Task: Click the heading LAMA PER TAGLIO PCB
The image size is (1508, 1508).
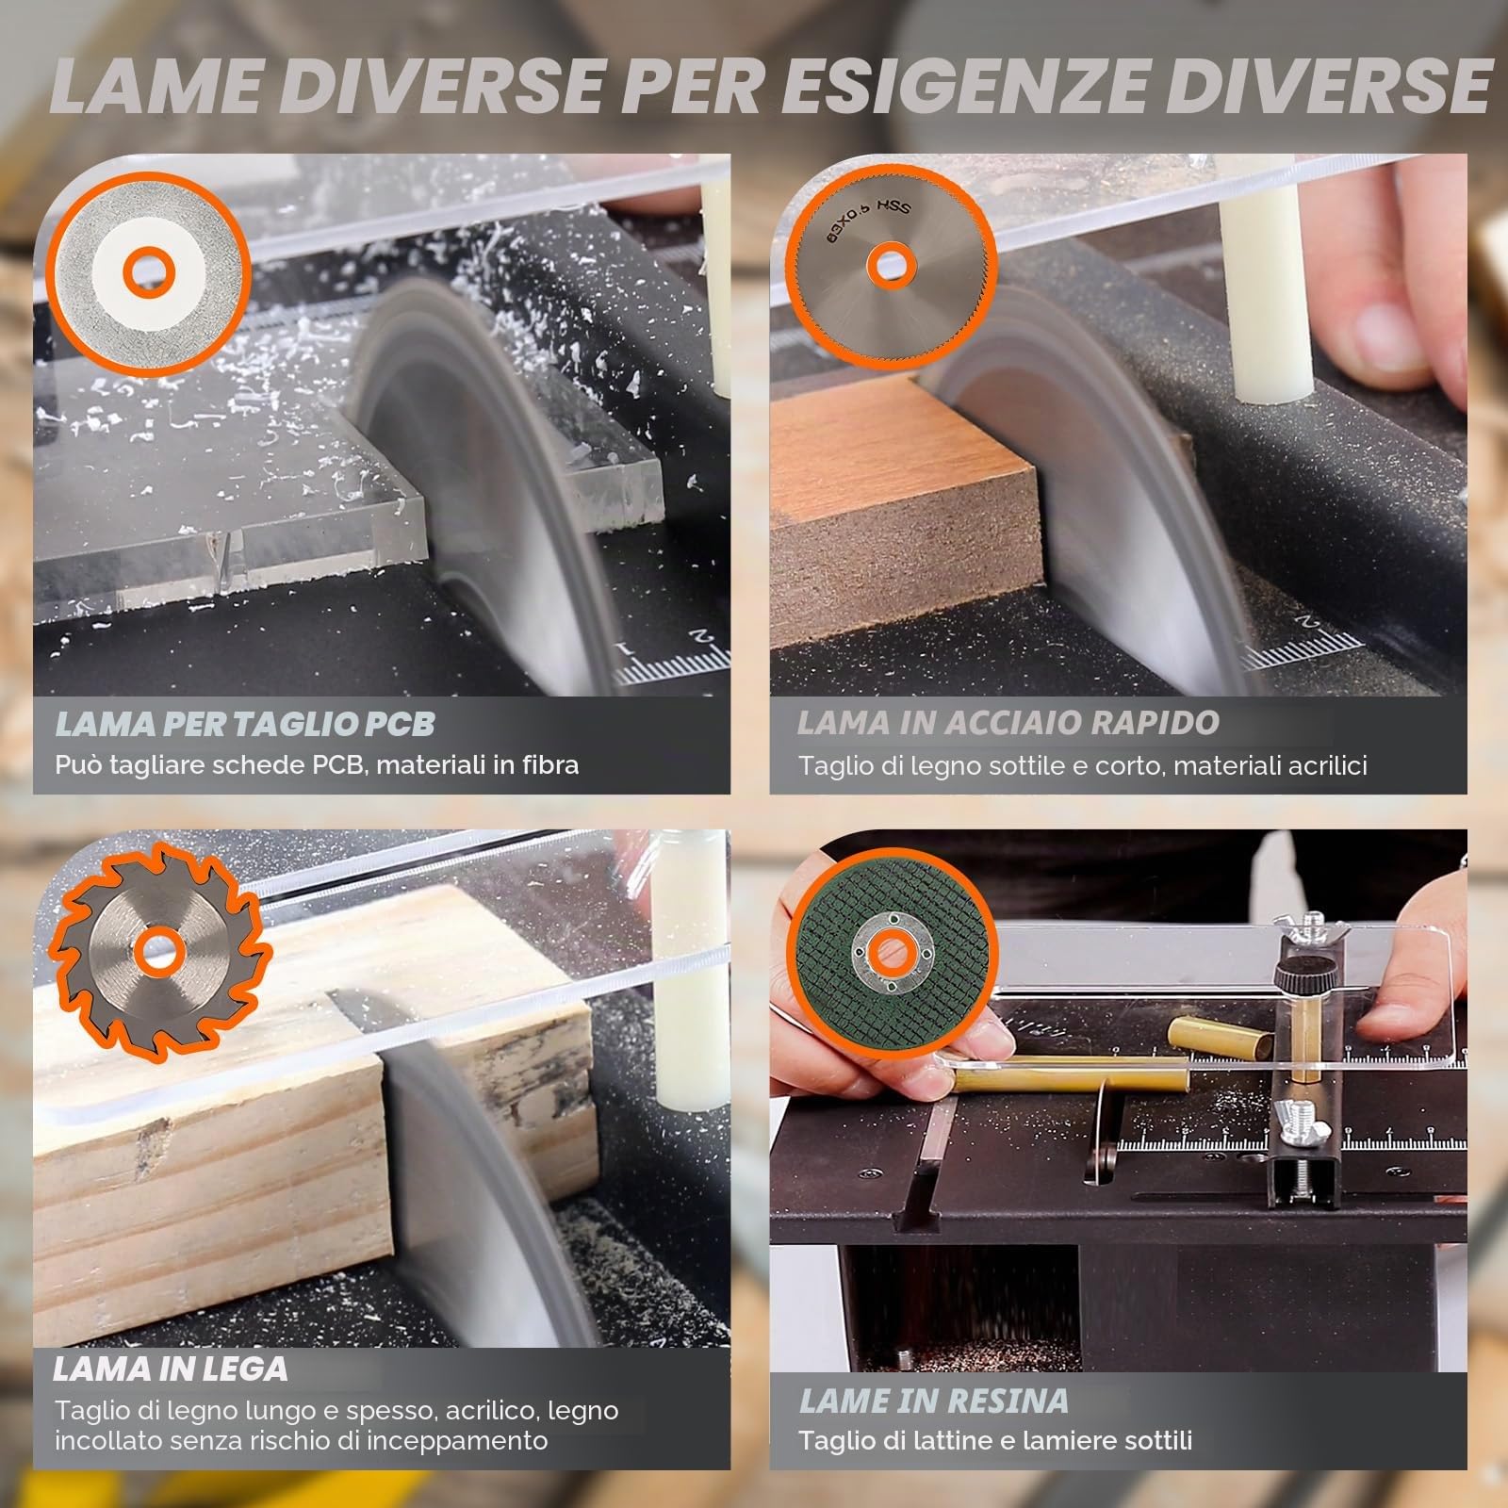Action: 245,724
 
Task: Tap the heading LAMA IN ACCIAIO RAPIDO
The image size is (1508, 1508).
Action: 1008,723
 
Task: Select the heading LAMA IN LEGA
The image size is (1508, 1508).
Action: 171,1369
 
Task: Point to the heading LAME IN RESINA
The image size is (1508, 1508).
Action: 933,1401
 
